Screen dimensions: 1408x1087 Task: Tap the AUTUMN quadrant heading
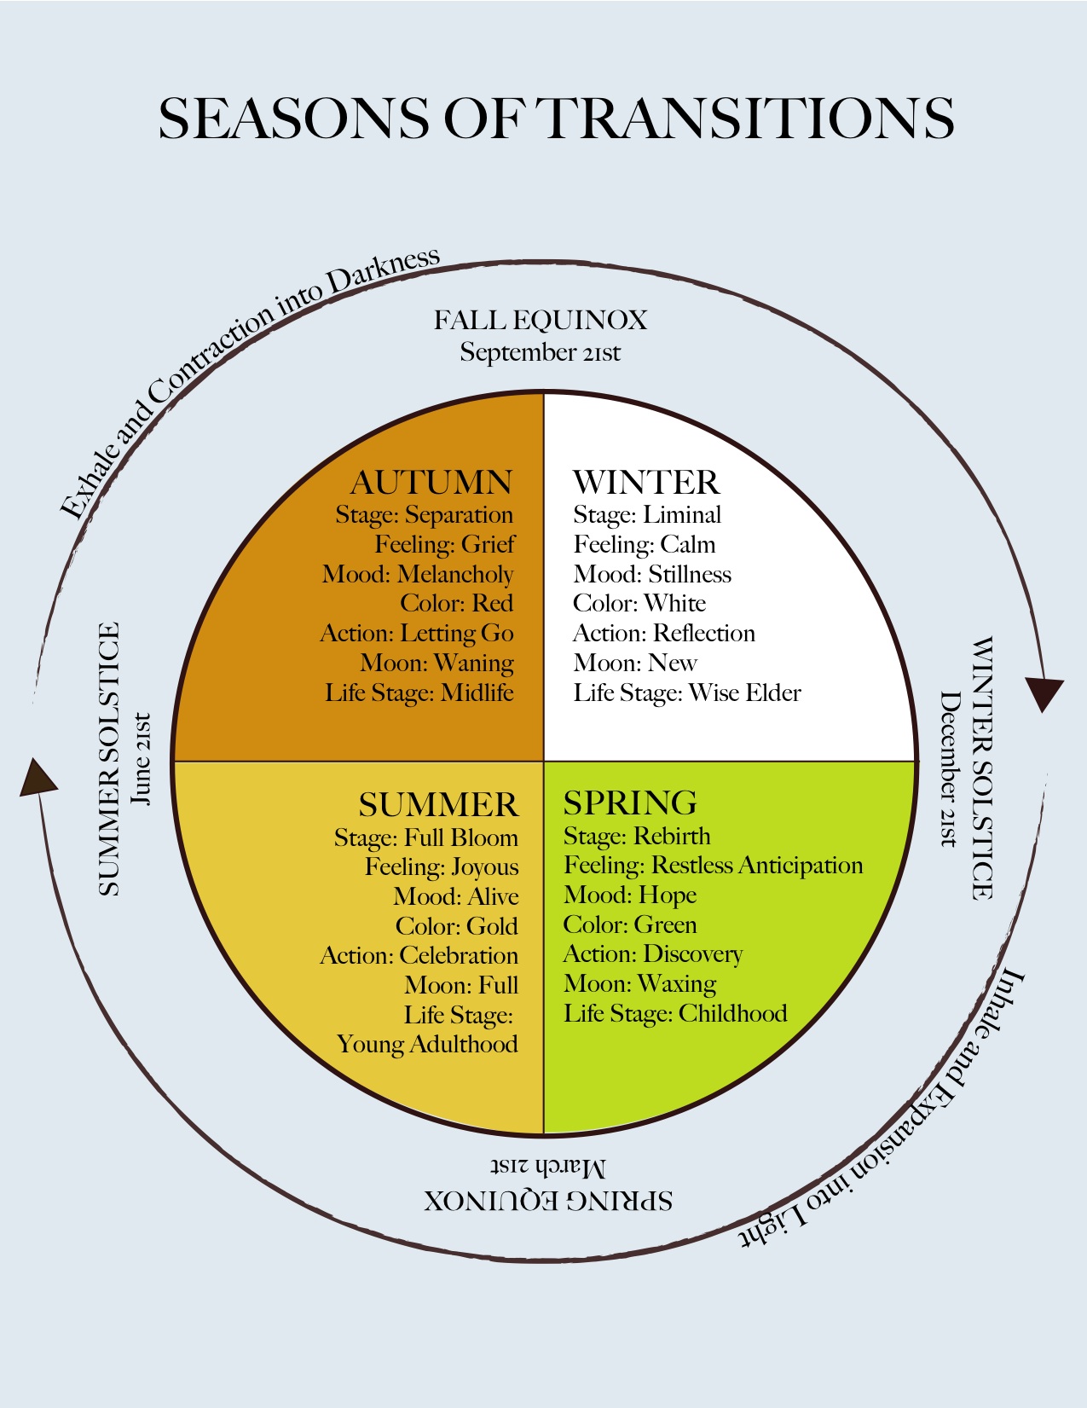pyautogui.click(x=431, y=483)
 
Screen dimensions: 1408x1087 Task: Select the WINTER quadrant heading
pyautogui.click(x=645, y=483)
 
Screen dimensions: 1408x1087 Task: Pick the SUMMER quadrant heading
pyautogui.click(x=437, y=805)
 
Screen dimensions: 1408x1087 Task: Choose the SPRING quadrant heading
pyautogui.click(x=630, y=803)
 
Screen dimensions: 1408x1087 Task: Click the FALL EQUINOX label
pyautogui.click(x=541, y=321)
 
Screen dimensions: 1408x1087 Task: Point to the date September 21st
pyautogui.click(x=541, y=352)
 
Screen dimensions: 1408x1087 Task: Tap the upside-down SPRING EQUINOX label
pyautogui.click(x=548, y=1201)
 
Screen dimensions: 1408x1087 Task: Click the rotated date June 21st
pyautogui.click(x=142, y=759)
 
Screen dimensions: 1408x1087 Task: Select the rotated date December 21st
pyautogui.click(x=949, y=768)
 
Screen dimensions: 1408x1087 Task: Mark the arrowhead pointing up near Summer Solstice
pyautogui.click(x=37, y=778)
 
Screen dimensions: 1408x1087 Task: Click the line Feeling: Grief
pyautogui.click(x=445, y=544)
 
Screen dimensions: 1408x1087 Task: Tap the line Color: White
pyautogui.click(x=639, y=604)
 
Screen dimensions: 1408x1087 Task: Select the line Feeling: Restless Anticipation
pyautogui.click(x=713, y=866)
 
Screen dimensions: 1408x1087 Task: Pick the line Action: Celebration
pyautogui.click(x=419, y=955)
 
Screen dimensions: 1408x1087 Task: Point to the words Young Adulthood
pyautogui.click(x=427, y=1045)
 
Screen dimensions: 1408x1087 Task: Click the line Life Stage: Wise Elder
pyautogui.click(x=687, y=692)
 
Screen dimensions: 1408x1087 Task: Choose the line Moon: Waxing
pyautogui.click(x=639, y=984)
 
